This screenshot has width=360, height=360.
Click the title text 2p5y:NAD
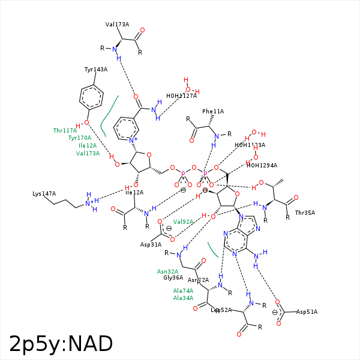[61, 344]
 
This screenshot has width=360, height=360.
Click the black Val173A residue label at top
[117, 25]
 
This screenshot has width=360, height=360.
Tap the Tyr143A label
[96, 70]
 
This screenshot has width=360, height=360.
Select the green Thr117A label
[65, 130]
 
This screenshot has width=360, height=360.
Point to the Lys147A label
[44, 194]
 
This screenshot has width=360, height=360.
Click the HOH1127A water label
[181, 96]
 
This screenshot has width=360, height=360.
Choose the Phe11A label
[213, 112]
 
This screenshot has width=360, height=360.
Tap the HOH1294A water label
[262, 166]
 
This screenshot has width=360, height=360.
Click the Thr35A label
[305, 213]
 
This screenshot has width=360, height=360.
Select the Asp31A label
[151, 245]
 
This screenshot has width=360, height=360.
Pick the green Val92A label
[183, 221]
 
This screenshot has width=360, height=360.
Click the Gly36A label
[173, 278]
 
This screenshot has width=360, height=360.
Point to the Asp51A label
[307, 312]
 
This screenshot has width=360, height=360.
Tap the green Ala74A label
[183, 290]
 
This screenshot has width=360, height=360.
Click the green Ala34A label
[183, 298]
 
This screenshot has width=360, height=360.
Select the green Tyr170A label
[79, 138]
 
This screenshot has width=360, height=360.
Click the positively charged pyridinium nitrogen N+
[133, 140]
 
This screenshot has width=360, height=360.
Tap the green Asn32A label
[167, 271]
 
